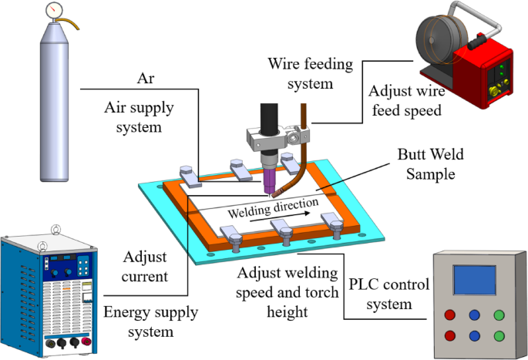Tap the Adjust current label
pyautogui.click(x=144, y=267)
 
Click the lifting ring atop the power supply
pyautogui.click(x=54, y=229)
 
